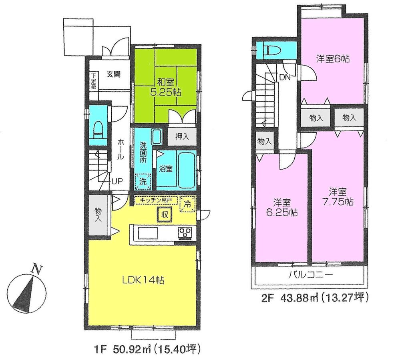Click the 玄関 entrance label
[x=114, y=74]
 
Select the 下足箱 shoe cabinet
[x=93, y=81]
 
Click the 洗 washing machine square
[x=143, y=180]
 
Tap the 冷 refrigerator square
[x=187, y=203]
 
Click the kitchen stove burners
[x=185, y=232]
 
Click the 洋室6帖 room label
[x=333, y=59]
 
